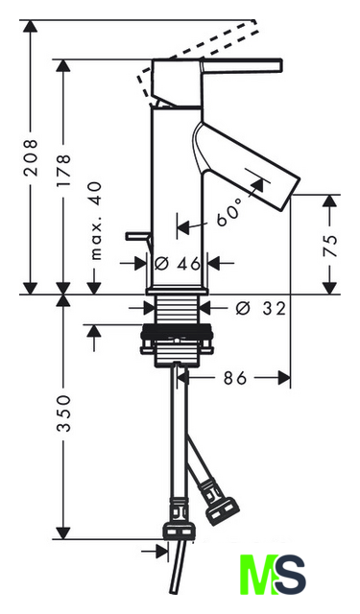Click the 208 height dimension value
(x=31, y=157)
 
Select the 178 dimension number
(x=63, y=170)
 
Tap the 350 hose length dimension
(x=63, y=413)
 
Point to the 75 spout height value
(x=330, y=246)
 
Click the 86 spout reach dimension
(x=235, y=378)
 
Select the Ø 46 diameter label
(x=178, y=264)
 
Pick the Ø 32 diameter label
(x=260, y=309)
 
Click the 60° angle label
(x=228, y=213)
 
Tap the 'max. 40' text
(x=96, y=221)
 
